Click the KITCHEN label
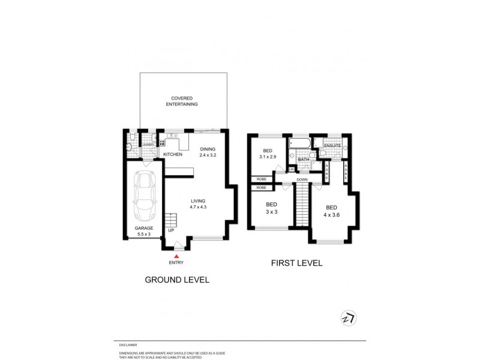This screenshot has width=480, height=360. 173,155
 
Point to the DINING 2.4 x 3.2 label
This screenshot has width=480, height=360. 208,152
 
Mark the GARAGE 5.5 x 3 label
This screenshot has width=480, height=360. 144,232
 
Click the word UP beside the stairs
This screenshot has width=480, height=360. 171,230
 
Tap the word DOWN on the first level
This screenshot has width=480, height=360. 302,179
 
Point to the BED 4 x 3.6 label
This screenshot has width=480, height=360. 331,211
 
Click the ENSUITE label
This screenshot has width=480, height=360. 332,146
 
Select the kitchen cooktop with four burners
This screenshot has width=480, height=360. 161,144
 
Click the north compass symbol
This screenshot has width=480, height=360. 348,318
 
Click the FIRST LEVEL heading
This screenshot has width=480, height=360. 297,262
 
